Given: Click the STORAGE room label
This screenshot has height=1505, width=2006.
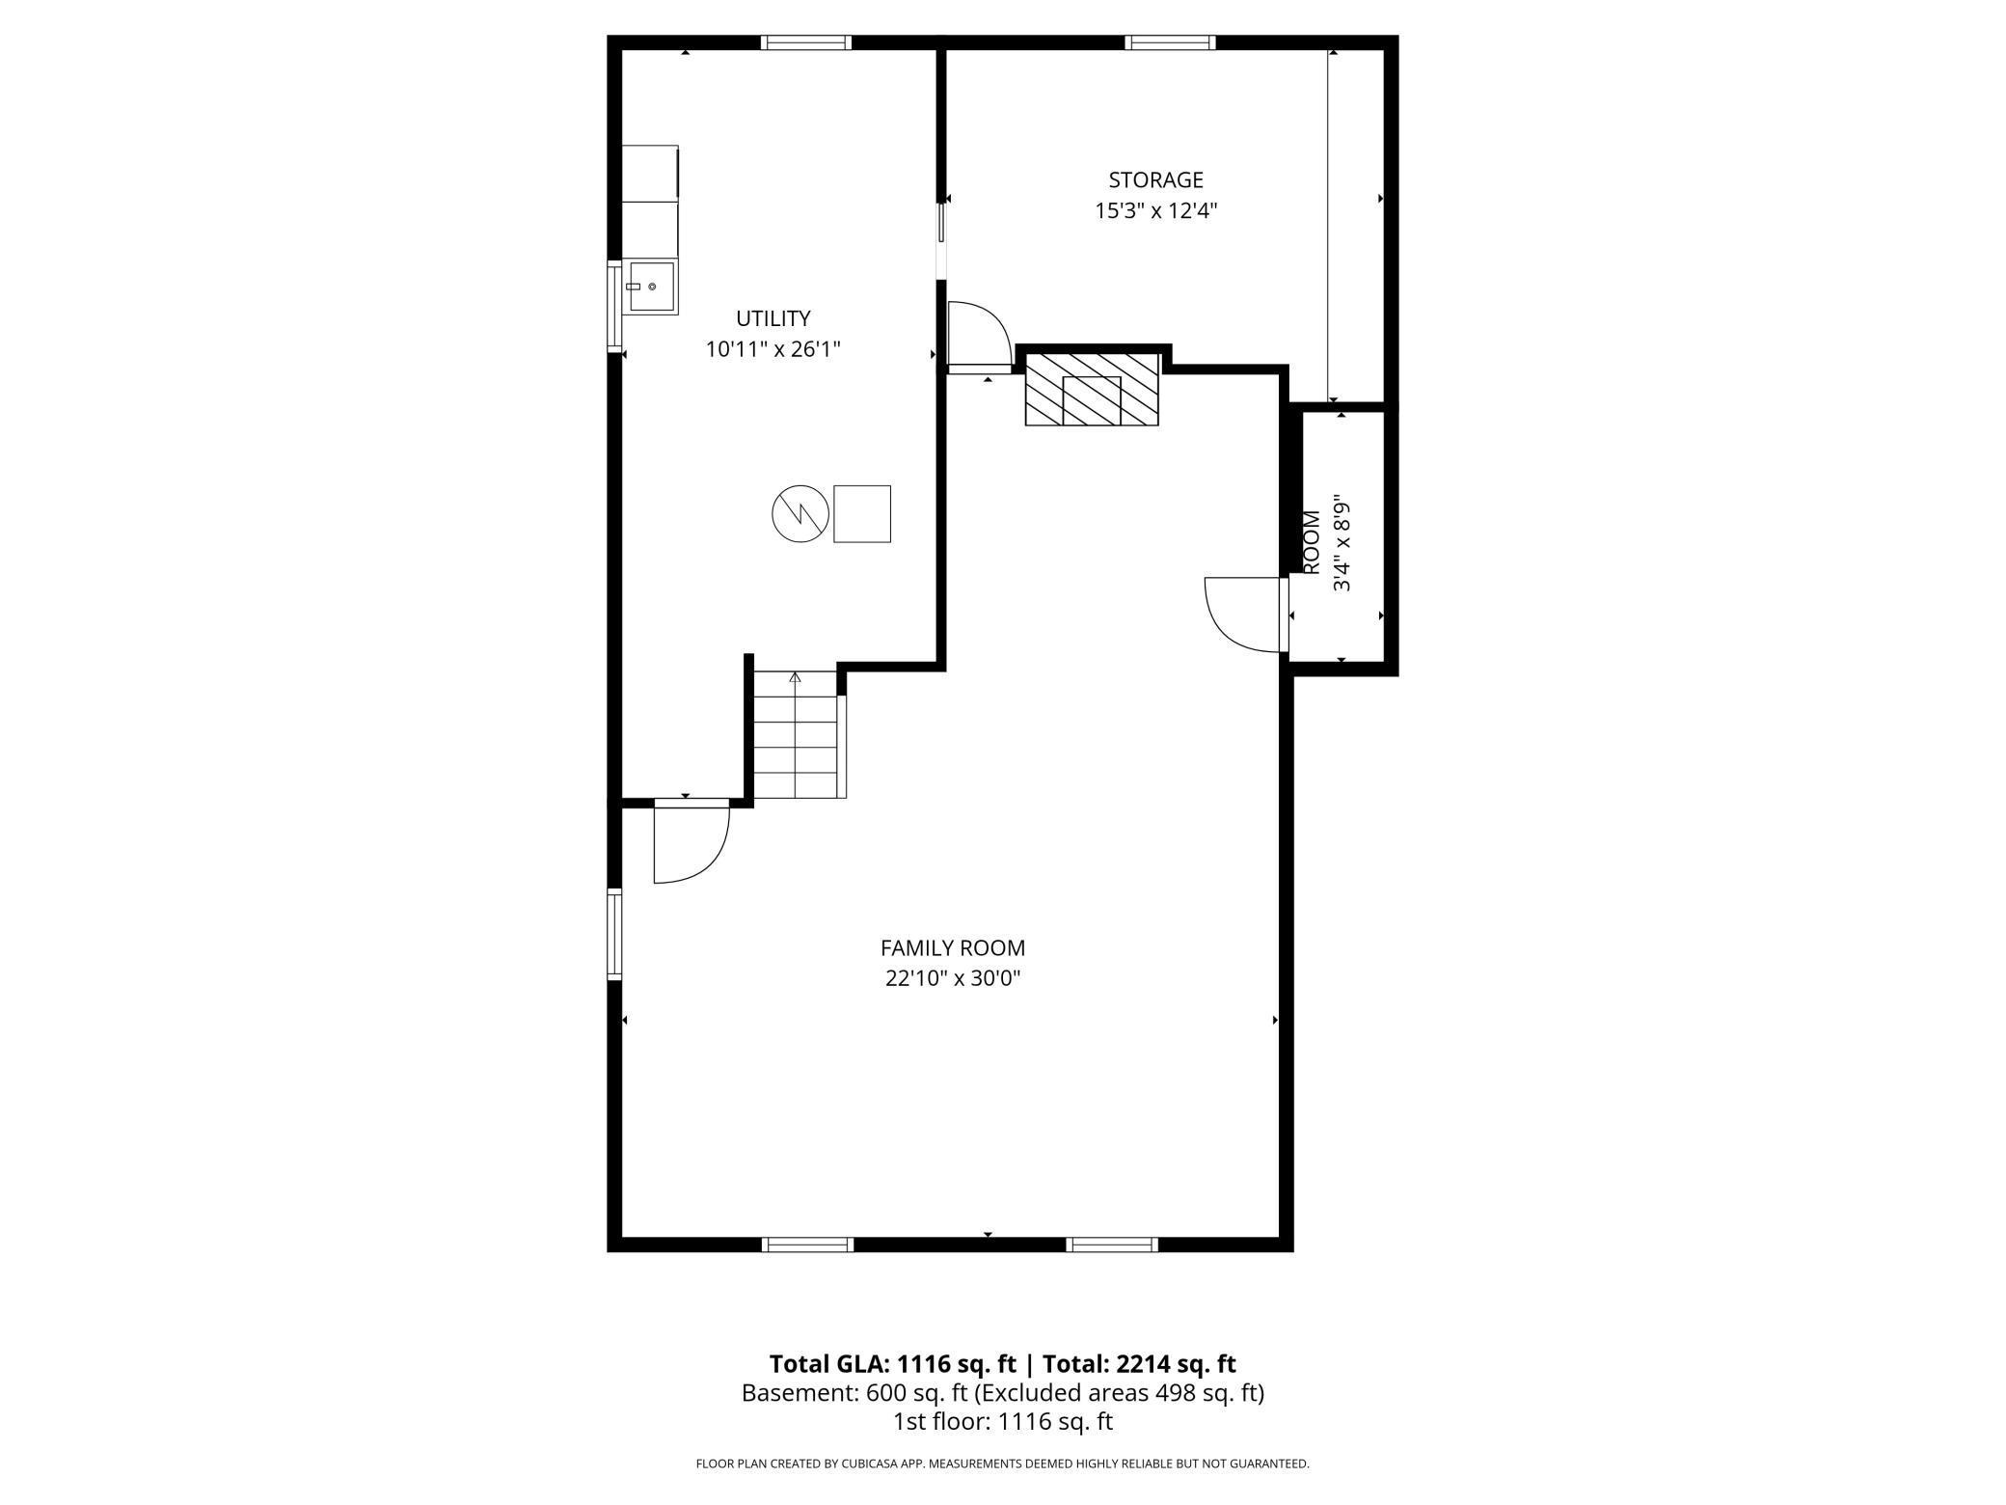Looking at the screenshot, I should [1155, 180].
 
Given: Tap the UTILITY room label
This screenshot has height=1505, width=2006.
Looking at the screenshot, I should [773, 318].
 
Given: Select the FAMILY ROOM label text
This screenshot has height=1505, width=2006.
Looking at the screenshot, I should [952, 948].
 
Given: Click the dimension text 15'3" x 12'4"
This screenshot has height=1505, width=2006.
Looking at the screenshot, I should [1155, 211].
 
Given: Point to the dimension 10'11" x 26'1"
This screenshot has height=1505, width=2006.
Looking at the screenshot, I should [773, 349].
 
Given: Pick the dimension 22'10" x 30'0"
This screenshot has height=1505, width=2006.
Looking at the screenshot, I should [952, 979].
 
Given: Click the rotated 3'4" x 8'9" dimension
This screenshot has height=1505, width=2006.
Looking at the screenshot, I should [1342, 543].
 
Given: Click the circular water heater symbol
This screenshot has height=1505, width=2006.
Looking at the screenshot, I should [800, 513].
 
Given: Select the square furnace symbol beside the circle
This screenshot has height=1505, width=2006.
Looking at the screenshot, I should [861, 513].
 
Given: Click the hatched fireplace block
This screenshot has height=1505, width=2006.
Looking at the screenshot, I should [1091, 389].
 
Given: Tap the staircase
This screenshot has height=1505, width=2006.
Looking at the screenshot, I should [795, 735].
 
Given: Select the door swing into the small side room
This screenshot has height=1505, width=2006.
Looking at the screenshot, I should [1245, 613].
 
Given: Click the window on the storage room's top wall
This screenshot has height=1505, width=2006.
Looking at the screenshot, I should [1169, 42].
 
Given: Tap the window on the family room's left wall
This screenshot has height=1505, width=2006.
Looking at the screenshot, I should [613, 934].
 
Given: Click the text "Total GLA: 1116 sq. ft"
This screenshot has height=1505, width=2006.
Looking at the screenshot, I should [892, 1364].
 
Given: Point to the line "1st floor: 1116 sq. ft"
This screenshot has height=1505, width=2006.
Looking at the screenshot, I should [1002, 1421].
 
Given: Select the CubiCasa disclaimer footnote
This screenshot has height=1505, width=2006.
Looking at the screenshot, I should [1002, 1464].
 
